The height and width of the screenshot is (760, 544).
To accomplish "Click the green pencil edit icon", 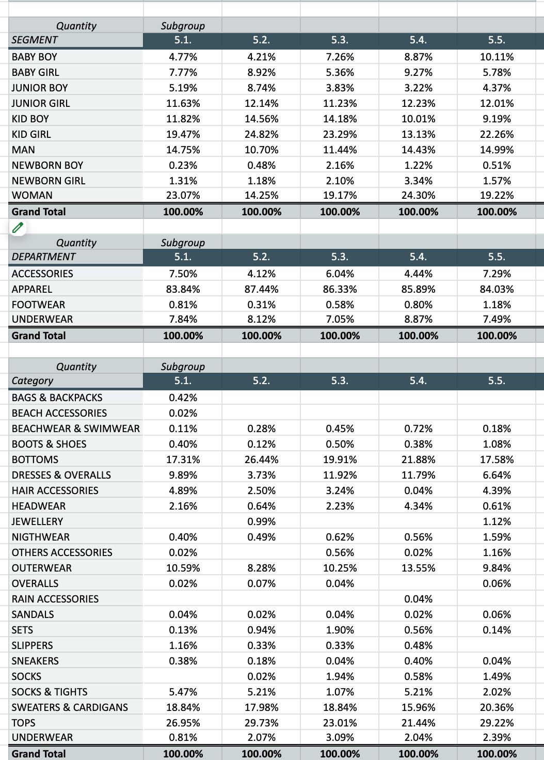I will pyautogui.click(x=18, y=227).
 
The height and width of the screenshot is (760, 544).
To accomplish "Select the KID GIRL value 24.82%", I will pyautogui.click(x=261, y=134).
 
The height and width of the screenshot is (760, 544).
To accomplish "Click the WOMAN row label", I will pyautogui.click(x=32, y=195).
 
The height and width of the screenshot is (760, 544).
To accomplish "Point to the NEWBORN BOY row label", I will pyautogui.click(x=47, y=165).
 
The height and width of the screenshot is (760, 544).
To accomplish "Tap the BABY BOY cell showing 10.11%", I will pyautogui.click(x=497, y=57).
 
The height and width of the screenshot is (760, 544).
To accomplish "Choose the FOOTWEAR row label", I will pyautogui.click(x=38, y=305).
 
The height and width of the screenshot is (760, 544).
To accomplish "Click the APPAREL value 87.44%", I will pyautogui.click(x=261, y=289).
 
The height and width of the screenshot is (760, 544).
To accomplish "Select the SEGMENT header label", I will pyautogui.click(x=35, y=40).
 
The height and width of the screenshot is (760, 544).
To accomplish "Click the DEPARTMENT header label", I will pyautogui.click(x=43, y=257).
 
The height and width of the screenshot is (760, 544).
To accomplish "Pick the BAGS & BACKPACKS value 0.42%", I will pyautogui.click(x=183, y=398).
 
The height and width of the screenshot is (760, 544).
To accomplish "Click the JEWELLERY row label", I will pyautogui.click(x=37, y=521).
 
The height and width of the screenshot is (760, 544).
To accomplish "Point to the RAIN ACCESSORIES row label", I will pyautogui.click(x=55, y=599).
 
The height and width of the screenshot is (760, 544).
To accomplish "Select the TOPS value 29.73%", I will pyautogui.click(x=261, y=723).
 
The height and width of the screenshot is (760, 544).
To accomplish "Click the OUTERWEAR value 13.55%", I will pyautogui.click(x=418, y=568).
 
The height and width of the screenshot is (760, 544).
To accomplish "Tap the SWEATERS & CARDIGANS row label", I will pyautogui.click(x=70, y=707).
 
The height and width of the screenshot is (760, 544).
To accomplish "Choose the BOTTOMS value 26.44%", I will pyautogui.click(x=261, y=460).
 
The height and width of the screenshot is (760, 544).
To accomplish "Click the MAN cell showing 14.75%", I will pyautogui.click(x=183, y=150).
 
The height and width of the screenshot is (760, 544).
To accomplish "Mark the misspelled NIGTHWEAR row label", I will pyautogui.click(x=40, y=537).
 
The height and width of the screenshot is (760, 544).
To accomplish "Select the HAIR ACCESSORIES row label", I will pyautogui.click(x=55, y=490).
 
